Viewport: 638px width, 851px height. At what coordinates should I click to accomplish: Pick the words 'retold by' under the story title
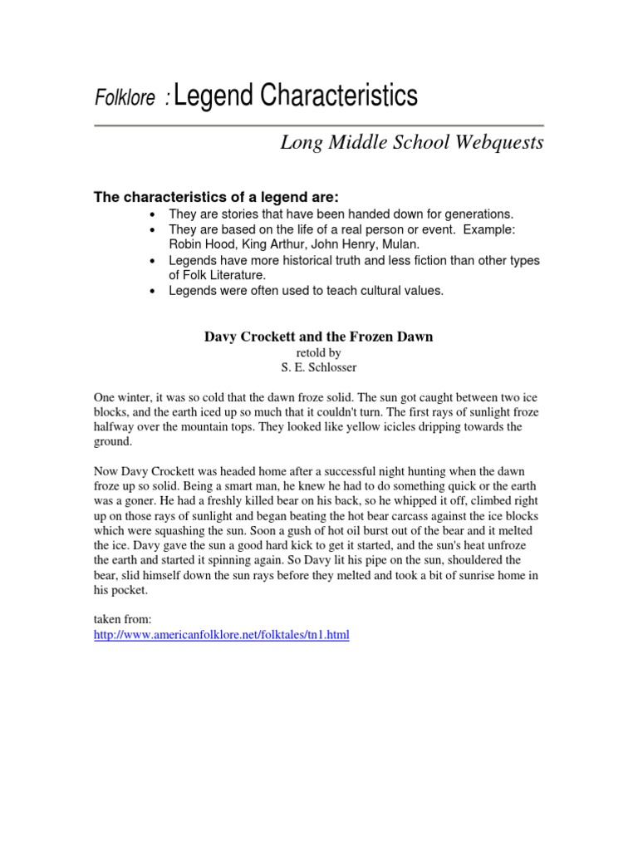[318, 352]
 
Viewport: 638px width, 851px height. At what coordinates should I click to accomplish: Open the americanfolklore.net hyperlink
[222, 635]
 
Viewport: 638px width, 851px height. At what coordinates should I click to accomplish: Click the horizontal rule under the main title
[318, 126]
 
